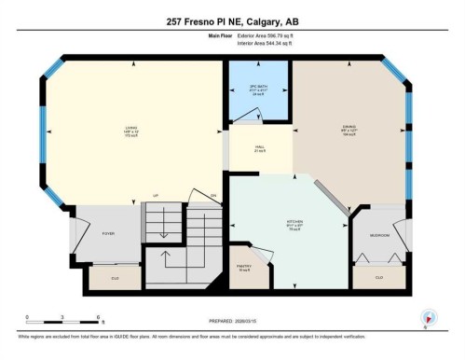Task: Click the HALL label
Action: click(260, 147)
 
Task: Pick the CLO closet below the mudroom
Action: click(379, 277)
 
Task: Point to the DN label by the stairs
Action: click(213, 195)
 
